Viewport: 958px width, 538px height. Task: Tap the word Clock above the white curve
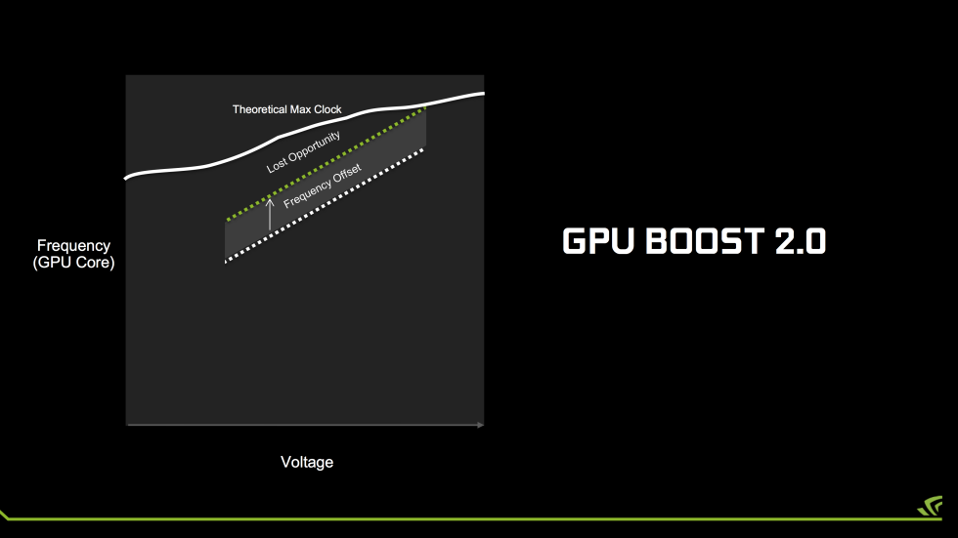327,109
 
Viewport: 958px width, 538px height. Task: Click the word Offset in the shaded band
347,175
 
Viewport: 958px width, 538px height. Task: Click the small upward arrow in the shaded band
270,215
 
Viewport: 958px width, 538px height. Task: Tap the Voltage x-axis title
307,462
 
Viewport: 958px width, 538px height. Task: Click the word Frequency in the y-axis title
73,246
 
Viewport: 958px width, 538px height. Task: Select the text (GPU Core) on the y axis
74,263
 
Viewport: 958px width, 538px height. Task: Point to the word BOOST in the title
705,241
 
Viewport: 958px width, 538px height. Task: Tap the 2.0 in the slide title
801,241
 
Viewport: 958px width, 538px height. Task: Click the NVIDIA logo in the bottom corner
930,506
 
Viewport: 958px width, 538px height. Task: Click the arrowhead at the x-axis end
480,425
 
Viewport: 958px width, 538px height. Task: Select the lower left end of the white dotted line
226,262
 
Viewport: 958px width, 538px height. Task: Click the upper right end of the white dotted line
422,149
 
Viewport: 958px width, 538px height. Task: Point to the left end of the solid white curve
126,178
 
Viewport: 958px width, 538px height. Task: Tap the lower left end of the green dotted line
228,219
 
